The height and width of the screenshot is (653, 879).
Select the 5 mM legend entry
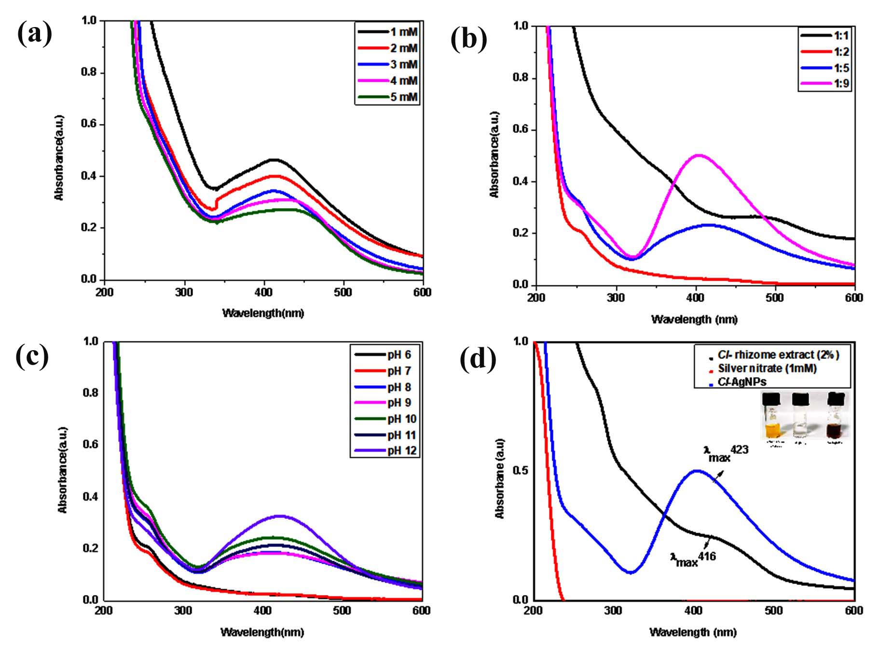[x=388, y=97]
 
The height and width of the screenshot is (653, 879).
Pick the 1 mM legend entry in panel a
[x=388, y=32]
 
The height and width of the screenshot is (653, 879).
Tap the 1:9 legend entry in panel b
[x=824, y=84]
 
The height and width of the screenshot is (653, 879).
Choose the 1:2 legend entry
[x=824, y=52]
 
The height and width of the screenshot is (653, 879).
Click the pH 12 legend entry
[x=384, y=451]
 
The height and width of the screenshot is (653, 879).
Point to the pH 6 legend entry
[x=384, y=355]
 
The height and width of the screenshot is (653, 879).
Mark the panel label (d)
[x=478, y=359]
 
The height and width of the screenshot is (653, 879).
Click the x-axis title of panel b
[x=694, y=319]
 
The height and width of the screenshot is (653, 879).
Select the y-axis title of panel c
[x=62, y=470]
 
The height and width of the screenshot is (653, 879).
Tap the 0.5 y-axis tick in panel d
[x=522, y=470]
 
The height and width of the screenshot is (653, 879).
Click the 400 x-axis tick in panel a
[x=264, y=292]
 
